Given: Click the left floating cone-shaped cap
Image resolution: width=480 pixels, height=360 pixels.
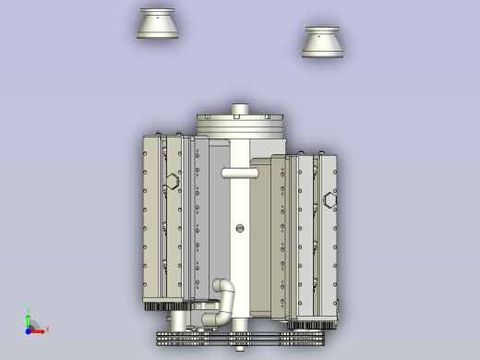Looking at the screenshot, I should (x=159, y=24).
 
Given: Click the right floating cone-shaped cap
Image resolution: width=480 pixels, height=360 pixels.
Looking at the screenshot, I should (x=324, y=42).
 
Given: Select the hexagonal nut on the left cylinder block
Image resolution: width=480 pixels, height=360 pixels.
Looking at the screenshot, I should (x=171, y=180).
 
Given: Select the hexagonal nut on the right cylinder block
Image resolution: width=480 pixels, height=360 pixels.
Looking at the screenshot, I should (x=330, y=198).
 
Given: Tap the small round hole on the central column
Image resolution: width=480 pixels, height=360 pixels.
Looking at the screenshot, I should (x=240, y=228).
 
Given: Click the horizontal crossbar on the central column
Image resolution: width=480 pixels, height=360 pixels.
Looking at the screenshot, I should (x=240, y=173).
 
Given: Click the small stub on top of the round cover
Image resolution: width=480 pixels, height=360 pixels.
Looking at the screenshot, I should (x=240, y=110).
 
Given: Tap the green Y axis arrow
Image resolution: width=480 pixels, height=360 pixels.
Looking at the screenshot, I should (x=29, y=317).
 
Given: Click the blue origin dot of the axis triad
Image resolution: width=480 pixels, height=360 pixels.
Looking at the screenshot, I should (x=29, y=329).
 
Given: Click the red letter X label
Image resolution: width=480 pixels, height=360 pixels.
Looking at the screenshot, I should (x=47, y=330).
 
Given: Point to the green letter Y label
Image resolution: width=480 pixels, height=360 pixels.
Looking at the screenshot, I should (x=29, y=309).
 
